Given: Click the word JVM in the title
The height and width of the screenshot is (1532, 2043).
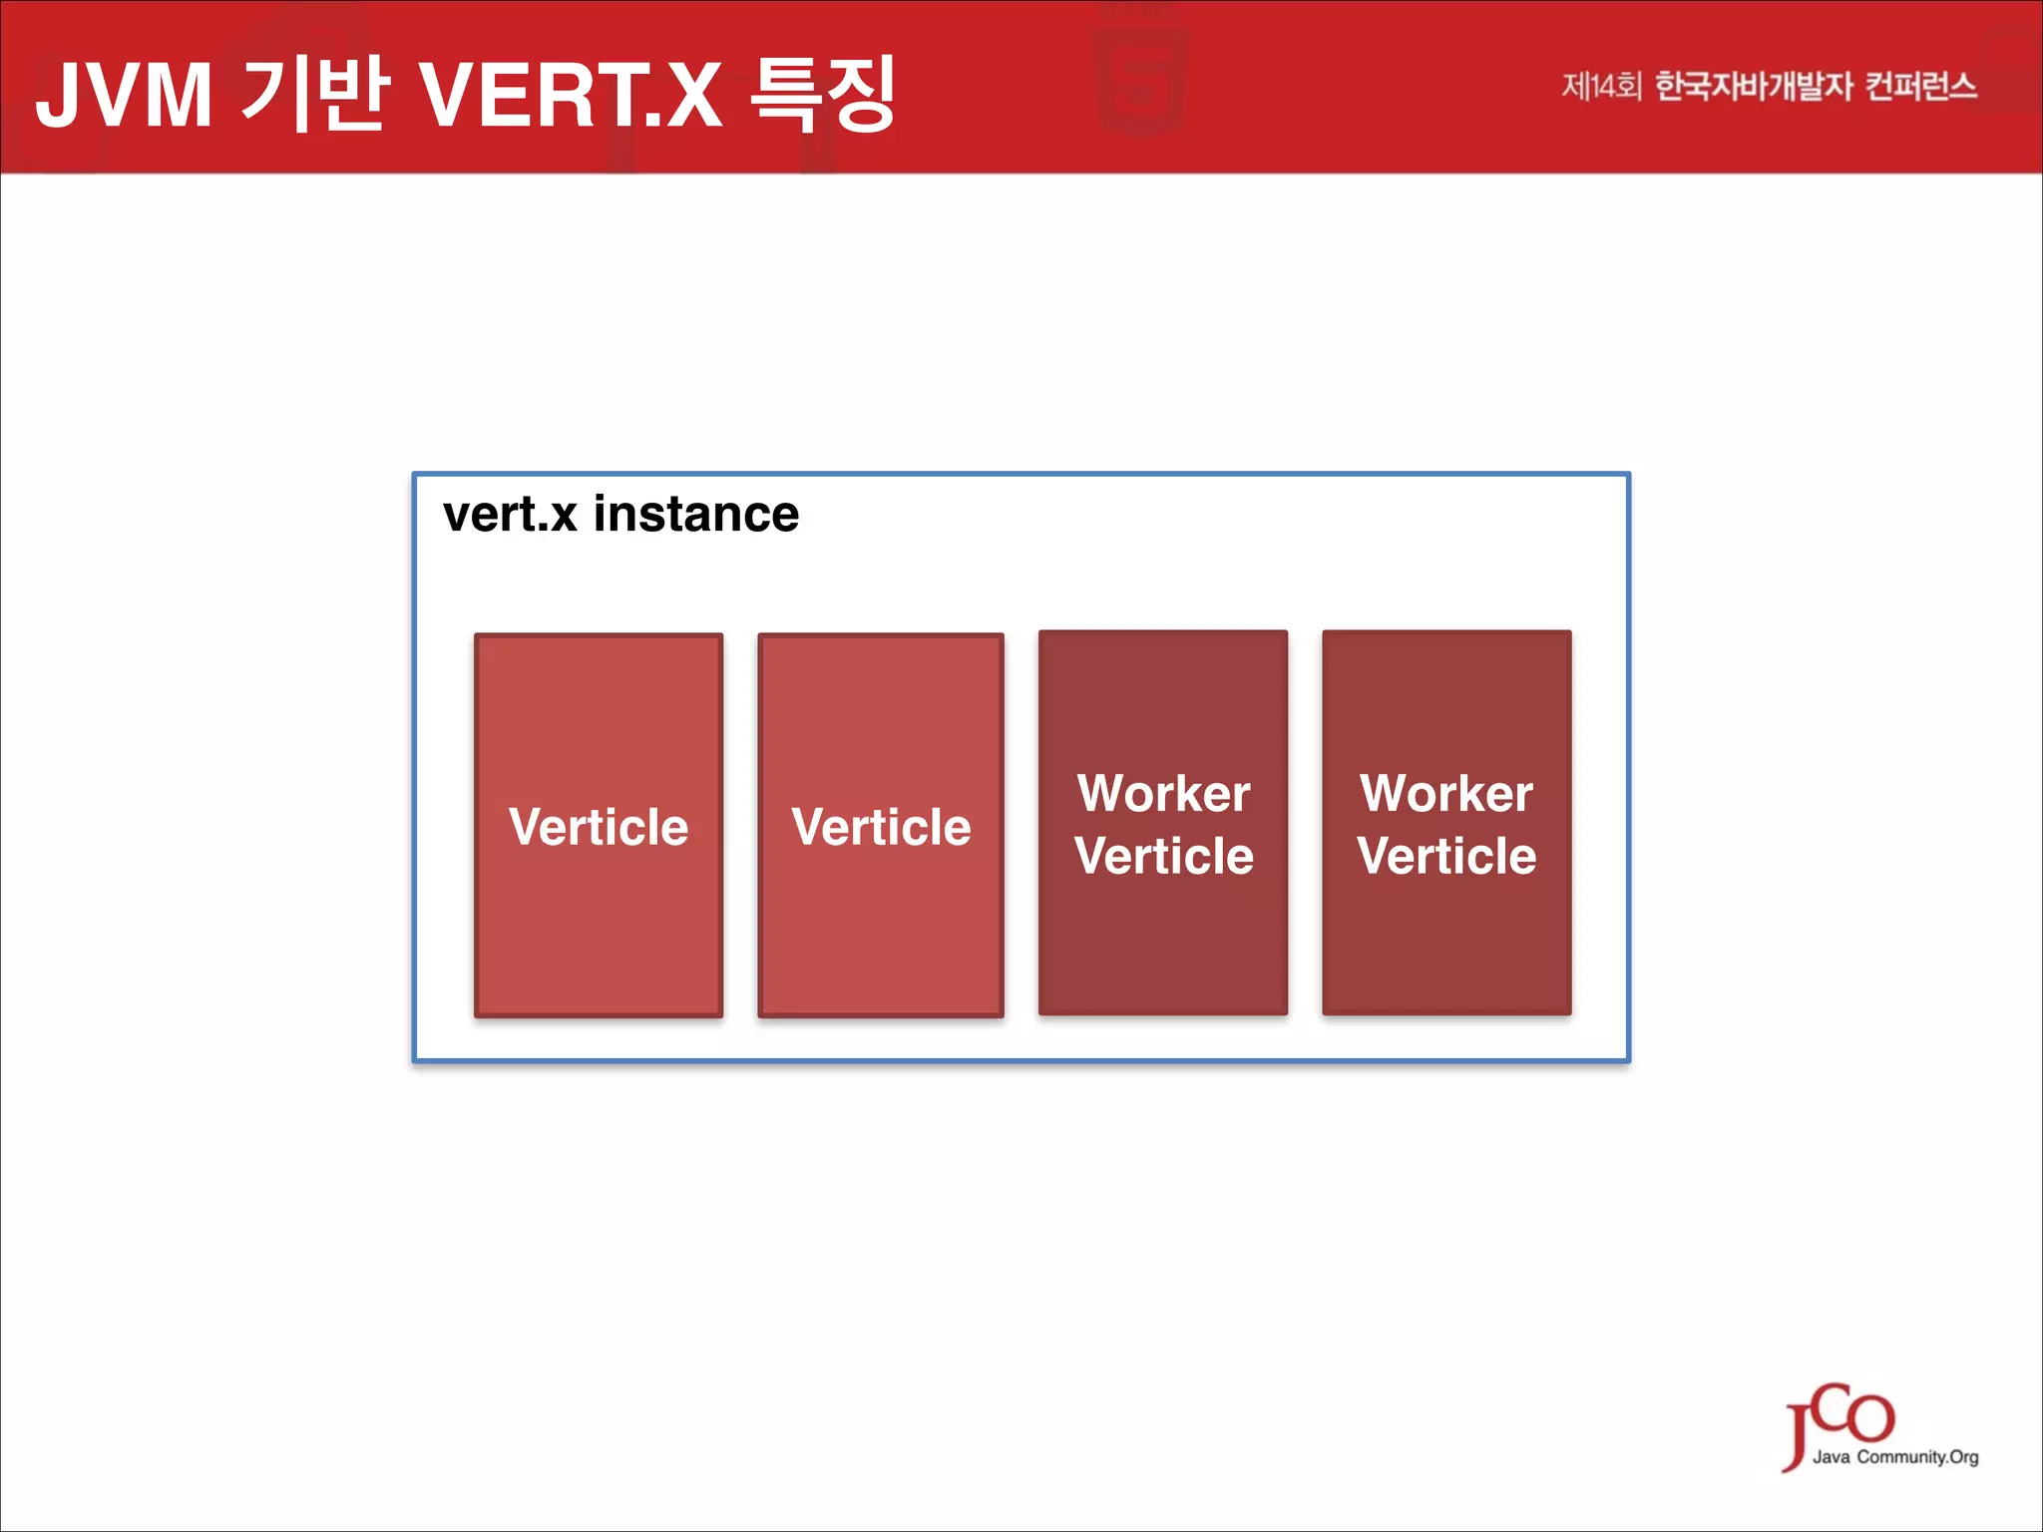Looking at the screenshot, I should (x=124, y=96).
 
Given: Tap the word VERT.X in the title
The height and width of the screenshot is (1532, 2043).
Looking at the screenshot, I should (x=570, y=96).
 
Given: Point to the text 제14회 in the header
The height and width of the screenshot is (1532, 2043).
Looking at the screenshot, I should (x=1600, y=87).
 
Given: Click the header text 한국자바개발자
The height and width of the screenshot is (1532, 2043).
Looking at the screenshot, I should (x=1754, y=87).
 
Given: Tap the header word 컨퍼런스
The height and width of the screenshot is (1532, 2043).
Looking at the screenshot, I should (x=1920, y=87).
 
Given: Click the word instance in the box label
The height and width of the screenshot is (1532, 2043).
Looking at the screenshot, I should (x=696, y=515).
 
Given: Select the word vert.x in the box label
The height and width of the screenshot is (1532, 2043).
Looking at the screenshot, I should (x=510, y=515).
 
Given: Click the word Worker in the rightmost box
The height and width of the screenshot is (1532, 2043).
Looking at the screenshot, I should (x=1446, y=794).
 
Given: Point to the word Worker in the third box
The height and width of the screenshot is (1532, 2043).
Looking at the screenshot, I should (x=1163, y=794).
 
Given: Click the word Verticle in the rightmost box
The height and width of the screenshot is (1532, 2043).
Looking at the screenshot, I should (x=1446, y=856).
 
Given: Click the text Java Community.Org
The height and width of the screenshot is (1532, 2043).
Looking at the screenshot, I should (x=1895, y=1457).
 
